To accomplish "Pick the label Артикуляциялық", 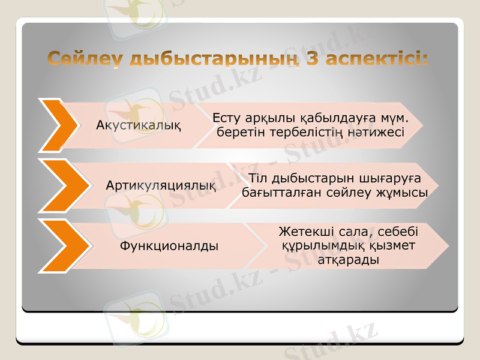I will coord(161,185).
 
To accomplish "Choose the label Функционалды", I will coord(169,245).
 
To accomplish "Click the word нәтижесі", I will coord(378,131).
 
